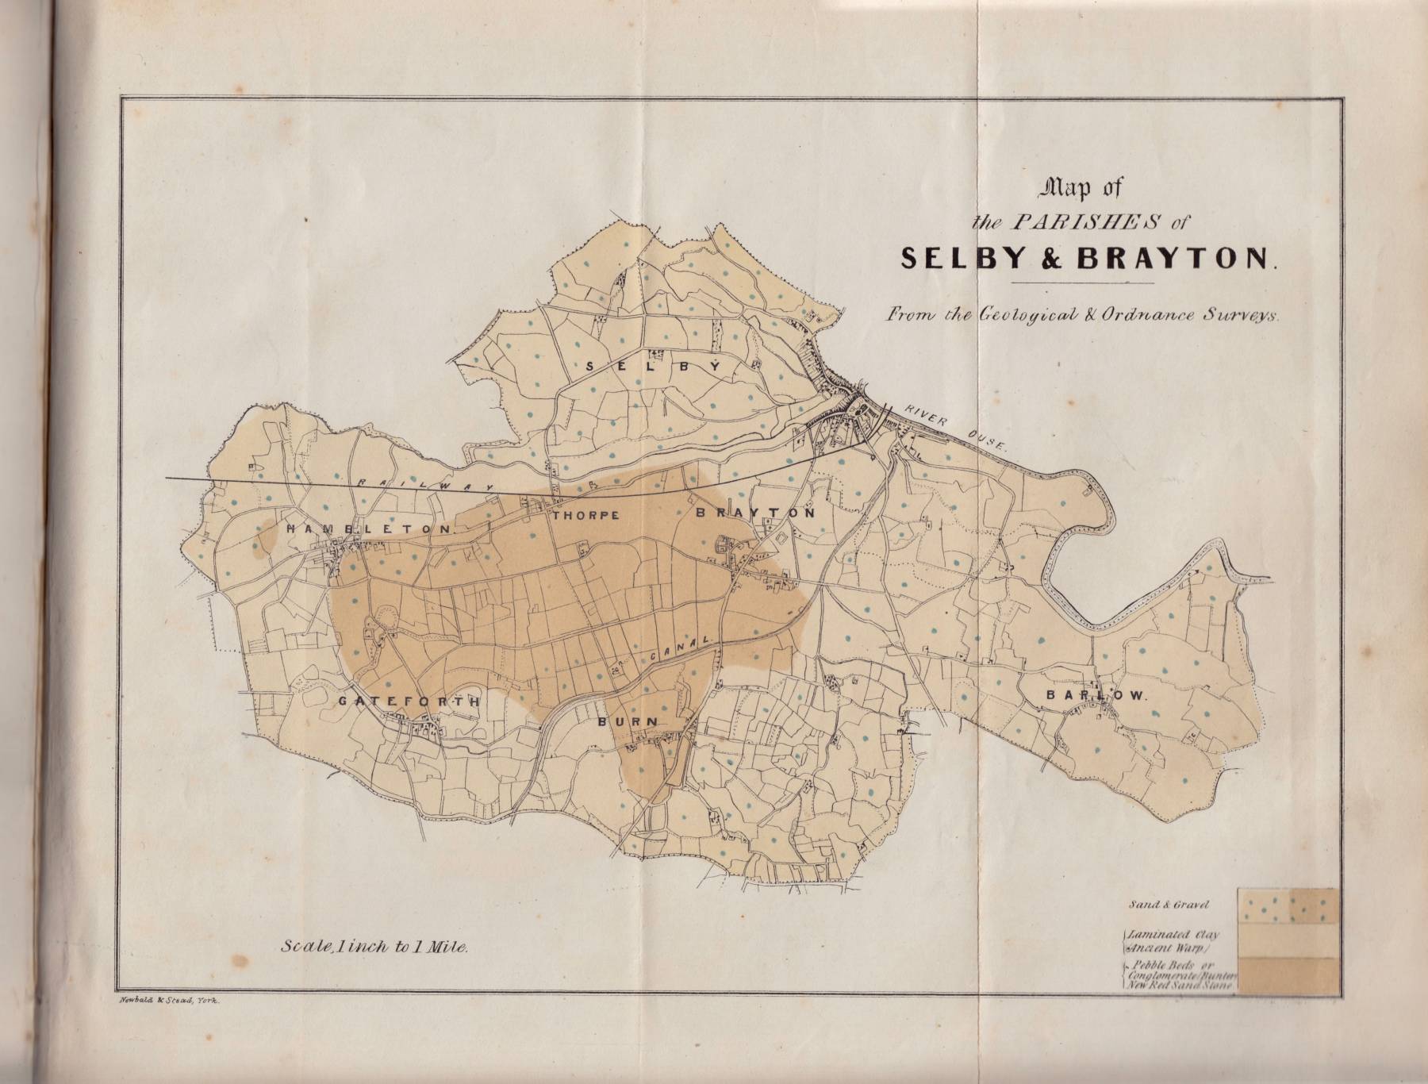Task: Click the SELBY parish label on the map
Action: click(x=654, y=367)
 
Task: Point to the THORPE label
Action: click(x=585, y=515)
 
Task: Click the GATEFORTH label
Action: click(x=409, y=702)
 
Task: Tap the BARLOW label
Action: click(x=1096, y=695)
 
